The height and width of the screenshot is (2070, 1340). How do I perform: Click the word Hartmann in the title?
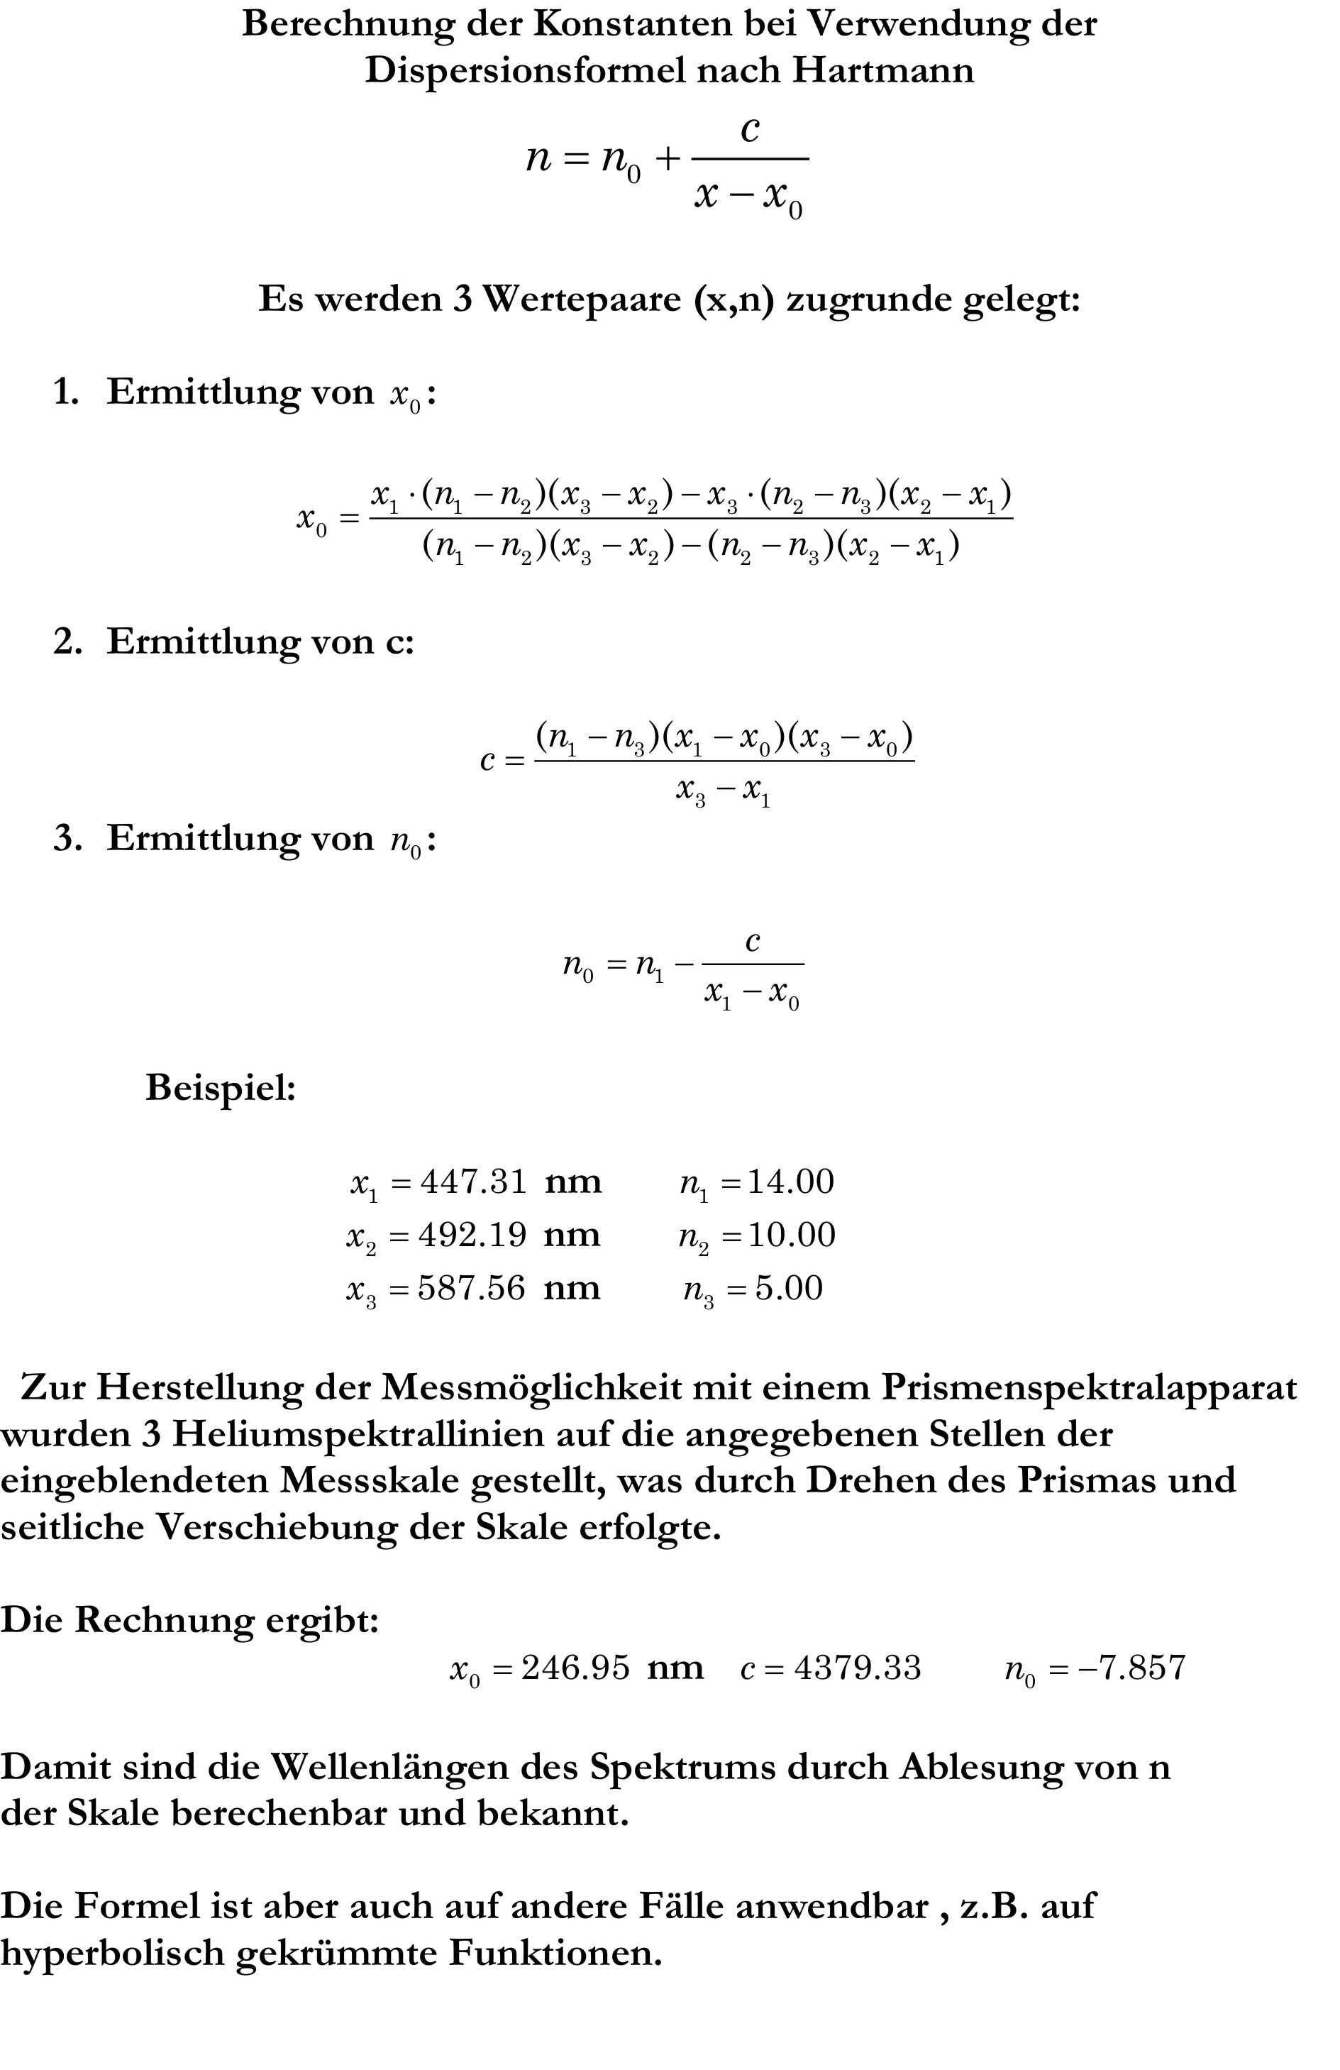pyautogui.click(x=882, y=70)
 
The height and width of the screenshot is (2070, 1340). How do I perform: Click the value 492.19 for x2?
pyautogui.click(x=472, y=1235)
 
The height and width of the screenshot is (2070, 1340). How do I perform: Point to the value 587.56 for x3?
pyautogui.click(x=471, y=1288)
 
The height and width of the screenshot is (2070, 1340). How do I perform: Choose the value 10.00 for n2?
pyautogui.click(x=792, y=1235)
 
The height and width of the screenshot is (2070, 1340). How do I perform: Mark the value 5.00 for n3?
pyautogui.click(x=788, y=1288)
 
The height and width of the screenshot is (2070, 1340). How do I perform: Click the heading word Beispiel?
pyautogui.click(x=220, y=1087)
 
